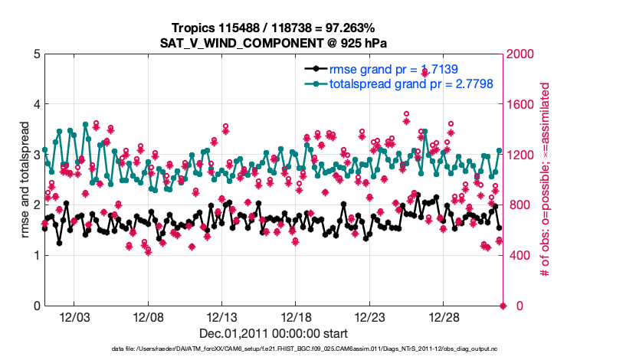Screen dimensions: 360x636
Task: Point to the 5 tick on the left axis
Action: [36, 54]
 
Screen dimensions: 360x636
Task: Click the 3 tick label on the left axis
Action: [36, 155]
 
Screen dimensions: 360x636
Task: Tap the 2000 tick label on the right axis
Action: [523, 54]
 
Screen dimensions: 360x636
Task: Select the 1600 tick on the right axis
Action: [523, 104]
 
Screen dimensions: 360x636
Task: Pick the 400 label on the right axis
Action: [520, 255]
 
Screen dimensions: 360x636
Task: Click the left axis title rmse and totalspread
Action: [22, 180]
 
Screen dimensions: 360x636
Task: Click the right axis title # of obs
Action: [546, 180]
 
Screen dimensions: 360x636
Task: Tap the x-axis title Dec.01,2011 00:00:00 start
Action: [274, 333]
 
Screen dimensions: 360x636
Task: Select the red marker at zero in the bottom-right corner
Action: [503, 306]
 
